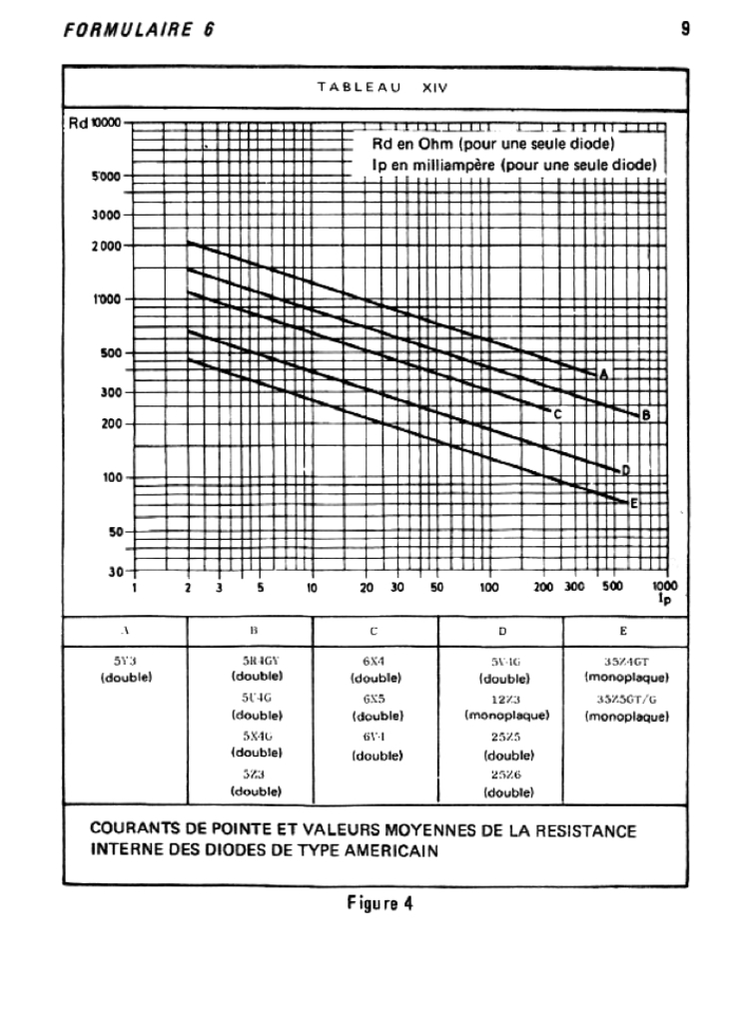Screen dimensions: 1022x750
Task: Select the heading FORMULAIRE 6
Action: point(139,29)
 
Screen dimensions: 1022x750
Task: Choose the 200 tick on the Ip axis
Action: point(543,588)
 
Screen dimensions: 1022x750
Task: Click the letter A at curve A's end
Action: point(603,374)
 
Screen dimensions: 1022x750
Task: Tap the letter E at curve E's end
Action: point(633,504)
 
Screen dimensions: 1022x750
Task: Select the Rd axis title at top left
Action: point(78,124)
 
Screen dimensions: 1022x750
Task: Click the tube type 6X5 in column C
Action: point(375,701)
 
